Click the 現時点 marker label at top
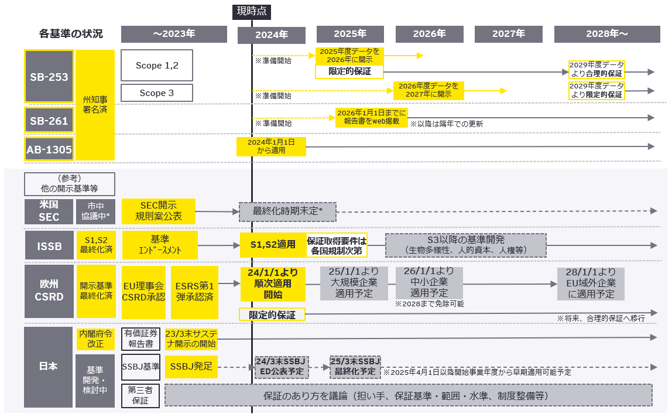tap(252, 11)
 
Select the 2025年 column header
tap(350, 34)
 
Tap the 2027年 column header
tap(508, 34)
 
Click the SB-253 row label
tap(49, 77)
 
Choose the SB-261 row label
tap(49, 121)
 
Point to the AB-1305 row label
tap(49, 150)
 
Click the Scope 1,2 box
tap(156, 66)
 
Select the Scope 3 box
tap(156, 93)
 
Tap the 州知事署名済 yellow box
tap(95, 104)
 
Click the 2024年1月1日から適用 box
tap(271, 146)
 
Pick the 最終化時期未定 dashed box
tap(288, 211)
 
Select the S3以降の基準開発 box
tap(465, 245)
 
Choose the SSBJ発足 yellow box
tap(191, 367)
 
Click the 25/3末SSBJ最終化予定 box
tap(355, 367)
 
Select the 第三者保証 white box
tap(140, 395)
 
